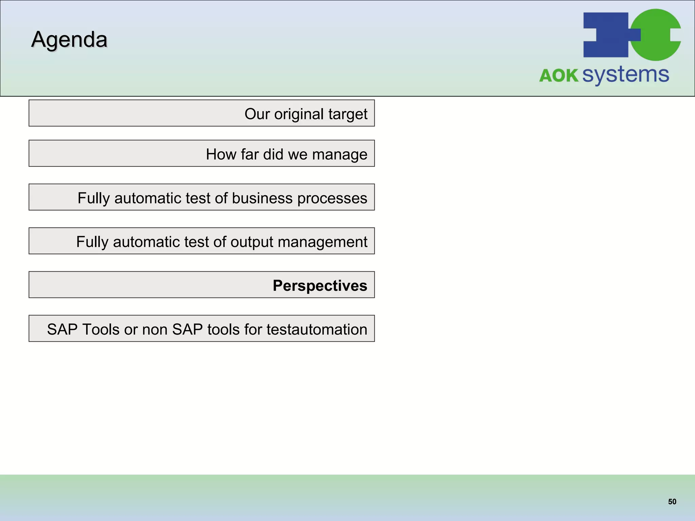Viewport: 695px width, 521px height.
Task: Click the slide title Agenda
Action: (x=69, y=40)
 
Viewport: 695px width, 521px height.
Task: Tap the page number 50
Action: (x=672, y=502)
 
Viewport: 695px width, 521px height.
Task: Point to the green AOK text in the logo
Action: (x=559, y=75)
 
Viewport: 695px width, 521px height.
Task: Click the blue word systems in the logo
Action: (x=626, y=75)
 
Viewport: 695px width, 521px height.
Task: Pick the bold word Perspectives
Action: (x=320, y=286)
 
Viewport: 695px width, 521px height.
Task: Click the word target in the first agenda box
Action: (x=348, y=114)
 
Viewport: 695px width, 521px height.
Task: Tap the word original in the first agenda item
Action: (x=299, y=114)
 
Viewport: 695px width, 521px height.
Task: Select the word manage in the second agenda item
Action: (x=340, y=155)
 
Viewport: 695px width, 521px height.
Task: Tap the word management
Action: (x=322, y=242)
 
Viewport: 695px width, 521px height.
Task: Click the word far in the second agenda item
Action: (x=249, y=154)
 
